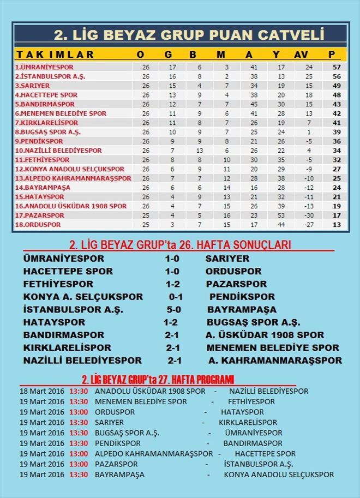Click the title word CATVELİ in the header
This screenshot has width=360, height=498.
point(291,35)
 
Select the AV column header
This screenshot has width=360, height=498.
point(301,55)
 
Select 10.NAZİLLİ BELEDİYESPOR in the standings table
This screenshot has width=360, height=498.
point(51,151)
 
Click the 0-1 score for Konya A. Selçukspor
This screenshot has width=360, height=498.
point(176,297)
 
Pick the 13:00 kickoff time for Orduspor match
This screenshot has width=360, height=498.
point(79,412)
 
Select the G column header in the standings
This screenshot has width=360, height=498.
point(168,55)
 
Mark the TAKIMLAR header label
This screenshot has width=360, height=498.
point(55,55)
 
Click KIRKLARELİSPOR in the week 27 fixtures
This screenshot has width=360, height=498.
point(248,422)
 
